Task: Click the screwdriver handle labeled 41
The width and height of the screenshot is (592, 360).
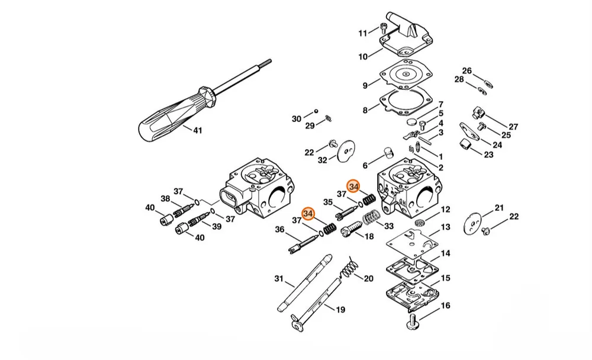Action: click(x=178, y=113)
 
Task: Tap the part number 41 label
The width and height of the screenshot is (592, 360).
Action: click(x=198, y=130)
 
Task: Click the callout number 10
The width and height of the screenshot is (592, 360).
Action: click(x=363, y=57)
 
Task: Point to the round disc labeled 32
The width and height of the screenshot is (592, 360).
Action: click(x=346, y=151)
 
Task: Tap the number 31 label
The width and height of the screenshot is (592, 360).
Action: click(x=279, y=279)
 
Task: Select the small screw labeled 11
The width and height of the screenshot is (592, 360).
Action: click(x=384, y=28)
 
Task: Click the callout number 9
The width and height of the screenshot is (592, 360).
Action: click(x=365, y=86)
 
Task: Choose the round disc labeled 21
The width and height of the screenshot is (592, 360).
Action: click(x=472, y=224)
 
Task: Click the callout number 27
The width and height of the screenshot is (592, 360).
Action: click(x=513, y=127)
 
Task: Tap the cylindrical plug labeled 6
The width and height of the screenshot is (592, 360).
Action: click(x=388, y=153)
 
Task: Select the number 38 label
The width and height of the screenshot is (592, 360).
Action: click(x=165, y=198)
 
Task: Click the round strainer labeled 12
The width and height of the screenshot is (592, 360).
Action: click(x=420, y=223)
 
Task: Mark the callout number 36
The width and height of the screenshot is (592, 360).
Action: click(x=279, y=229)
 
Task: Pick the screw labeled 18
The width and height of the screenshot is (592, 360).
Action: click(x=352, y=229)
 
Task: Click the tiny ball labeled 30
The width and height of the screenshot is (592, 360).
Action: click(x=316, y=111)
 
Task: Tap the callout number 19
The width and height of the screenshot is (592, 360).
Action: click(x=340, y=310)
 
